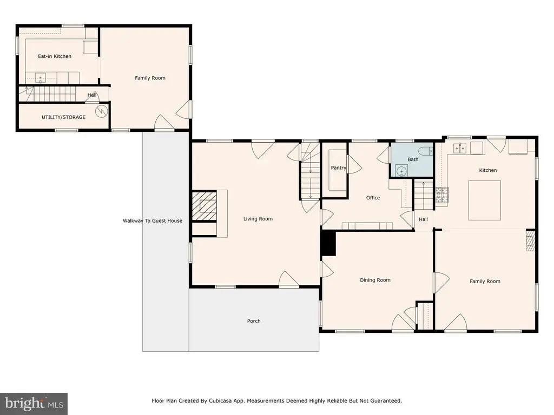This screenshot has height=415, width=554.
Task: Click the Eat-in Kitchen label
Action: tap(55, 56)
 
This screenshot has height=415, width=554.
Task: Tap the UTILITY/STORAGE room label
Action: tap(64, 117)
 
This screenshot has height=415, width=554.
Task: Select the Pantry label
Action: tap(339, 168)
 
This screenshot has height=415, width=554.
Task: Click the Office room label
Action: tap(373, 198)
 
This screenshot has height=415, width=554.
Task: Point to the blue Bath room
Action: tap(412, 159)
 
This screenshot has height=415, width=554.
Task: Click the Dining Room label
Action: tap(375, 280)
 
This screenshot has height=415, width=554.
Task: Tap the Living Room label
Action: tap(258, 219)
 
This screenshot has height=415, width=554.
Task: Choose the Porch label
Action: tap(254, 321)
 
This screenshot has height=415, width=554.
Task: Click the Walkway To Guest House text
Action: tap(153, 221)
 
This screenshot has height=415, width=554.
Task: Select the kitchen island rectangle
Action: tap(485, 200)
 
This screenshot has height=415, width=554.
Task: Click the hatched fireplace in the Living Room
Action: tap(204, 206)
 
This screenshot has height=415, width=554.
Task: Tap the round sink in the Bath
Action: tap(401, 171)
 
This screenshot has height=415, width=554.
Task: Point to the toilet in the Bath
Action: tap(425, 151)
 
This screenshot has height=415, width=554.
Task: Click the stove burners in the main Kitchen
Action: tap(441, 195)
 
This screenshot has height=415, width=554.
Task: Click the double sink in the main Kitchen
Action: tap(460, 148)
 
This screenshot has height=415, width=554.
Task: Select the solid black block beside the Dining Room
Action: tap(328, 243)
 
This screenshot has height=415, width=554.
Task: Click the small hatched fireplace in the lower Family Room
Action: tap(531, 240)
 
